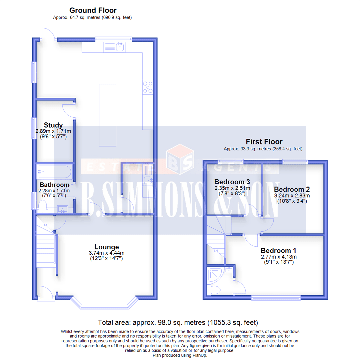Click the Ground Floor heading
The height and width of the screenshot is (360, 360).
pyautogui.click(x=93, y=11)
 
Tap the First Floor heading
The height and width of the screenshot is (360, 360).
pyautogui.click(x=264, y=142)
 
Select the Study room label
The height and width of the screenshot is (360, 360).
pyautogui.click(x=53, y=125)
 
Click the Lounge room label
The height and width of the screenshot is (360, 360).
pyautogui.click(x=106, y=247)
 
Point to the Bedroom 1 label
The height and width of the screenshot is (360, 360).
pyautogui.click(x=278, y=251)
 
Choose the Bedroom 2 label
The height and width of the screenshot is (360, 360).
pyautogui.click(x=292, y=189)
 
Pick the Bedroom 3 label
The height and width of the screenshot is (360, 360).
pyautogui.click(x=232, y=182)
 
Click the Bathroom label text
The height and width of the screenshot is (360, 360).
pyautogui.click(x=55, y=185)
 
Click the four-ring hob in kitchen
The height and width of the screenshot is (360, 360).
pyautogui.click(x=147, y=87)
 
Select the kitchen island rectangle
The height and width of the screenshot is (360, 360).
pyautogui.click(x=107, y=115)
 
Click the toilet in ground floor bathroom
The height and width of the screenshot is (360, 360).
pyautogui.click(x=42, y=209)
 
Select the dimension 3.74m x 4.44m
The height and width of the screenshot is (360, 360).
pyautogui.click(x=106, y=253)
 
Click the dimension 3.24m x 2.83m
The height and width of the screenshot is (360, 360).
pyautogui.click(x=292, y=195)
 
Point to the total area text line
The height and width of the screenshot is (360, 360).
pyautogui.click(x=178, y=323)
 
